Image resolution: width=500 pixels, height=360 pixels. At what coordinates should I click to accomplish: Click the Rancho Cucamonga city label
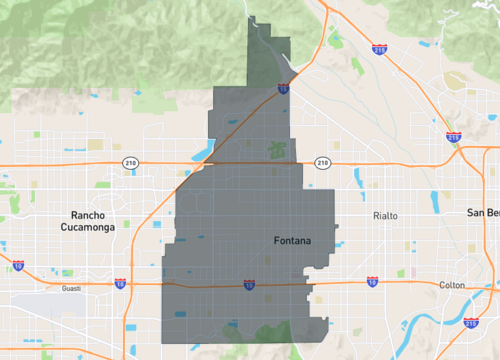pyautogui.click(x=93, y=221)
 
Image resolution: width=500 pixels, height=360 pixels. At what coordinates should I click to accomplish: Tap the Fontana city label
pyautogui.click(x=292, y=241)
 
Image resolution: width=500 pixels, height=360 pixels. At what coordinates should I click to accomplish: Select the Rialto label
pyautogui.click(x=385, y=215)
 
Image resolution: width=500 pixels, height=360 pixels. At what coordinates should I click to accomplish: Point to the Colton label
pyautogui.click(x=452, y=285)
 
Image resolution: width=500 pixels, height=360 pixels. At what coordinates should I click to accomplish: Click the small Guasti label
pyautogui.click(x=70, y=289)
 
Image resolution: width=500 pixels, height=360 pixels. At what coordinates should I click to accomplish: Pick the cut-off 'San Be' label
pyautogui.click(x=483, y=213)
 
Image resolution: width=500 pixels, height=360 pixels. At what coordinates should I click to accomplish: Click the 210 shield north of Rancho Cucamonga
pyautogui.click(x=130, y=162)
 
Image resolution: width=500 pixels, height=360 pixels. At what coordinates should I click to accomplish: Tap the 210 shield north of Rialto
pyautogui.click(x=322, y=162)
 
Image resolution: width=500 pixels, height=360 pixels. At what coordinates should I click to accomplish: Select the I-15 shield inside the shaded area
pyautogui.click(x=284, y=88)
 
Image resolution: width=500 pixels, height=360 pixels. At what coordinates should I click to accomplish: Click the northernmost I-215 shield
pyautogui.click(x=379, y=47)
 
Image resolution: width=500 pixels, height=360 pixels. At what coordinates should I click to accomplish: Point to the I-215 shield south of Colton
pyautogui.click(x=471, y=322)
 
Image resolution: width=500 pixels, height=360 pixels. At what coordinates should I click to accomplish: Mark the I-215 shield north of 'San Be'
pyautogui.click(x=453, y=136)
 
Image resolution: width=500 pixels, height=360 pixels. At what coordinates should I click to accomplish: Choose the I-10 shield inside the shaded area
pyautogui.click(x=249, y=285)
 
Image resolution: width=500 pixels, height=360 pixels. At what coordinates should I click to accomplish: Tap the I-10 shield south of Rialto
pyautogui.click(x=372, y=282)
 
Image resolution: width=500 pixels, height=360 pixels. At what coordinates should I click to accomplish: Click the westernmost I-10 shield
pyautogui.click(x=18, y=266)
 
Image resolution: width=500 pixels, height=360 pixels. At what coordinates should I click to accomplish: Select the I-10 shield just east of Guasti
pyautogui.click(x=120, y=284)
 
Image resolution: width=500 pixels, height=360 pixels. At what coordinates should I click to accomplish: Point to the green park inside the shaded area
pyautogui.click(x=276, y=151)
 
